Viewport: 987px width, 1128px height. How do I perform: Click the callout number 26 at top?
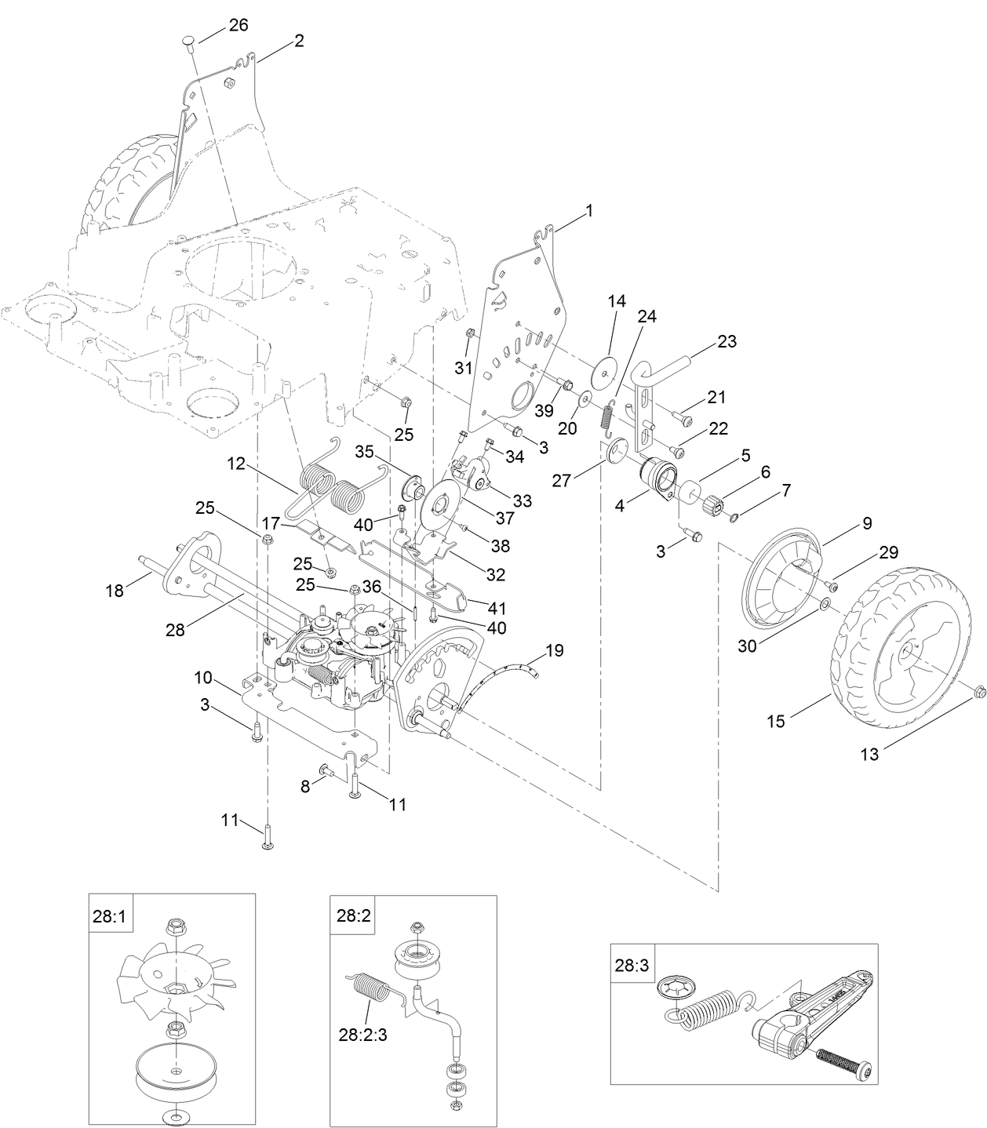click(238, 25)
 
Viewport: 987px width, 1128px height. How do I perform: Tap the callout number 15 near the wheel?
click(775, 722)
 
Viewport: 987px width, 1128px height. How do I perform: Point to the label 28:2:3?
click(363, 1034)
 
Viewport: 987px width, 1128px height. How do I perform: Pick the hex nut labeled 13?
click(978, 690)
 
